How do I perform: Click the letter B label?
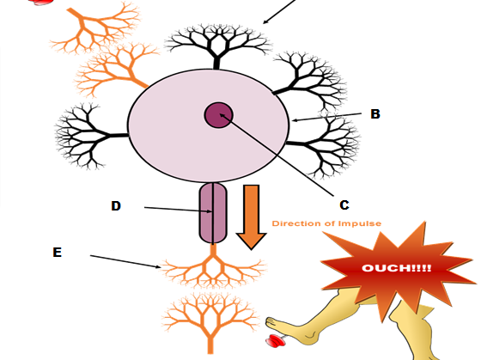coord(375,114)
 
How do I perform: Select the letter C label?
coord(344,204)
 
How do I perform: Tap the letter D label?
coord(116,206)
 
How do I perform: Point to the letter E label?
coord(57,253)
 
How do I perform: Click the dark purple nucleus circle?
coord(219,115)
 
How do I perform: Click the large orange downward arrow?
coord(251,217)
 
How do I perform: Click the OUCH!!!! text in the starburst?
coord(396,268)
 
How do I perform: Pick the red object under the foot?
coord(276,341)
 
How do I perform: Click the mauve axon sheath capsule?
coord(213,213)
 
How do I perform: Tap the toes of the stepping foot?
coord(271,321)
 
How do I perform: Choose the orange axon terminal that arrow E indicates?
coord(213,267)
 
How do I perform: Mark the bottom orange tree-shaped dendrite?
coord(210,322)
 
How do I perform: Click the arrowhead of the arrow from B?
coord(294,120)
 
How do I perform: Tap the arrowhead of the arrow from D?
coord(210,211)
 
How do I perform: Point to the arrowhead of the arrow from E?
coord(158,266)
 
